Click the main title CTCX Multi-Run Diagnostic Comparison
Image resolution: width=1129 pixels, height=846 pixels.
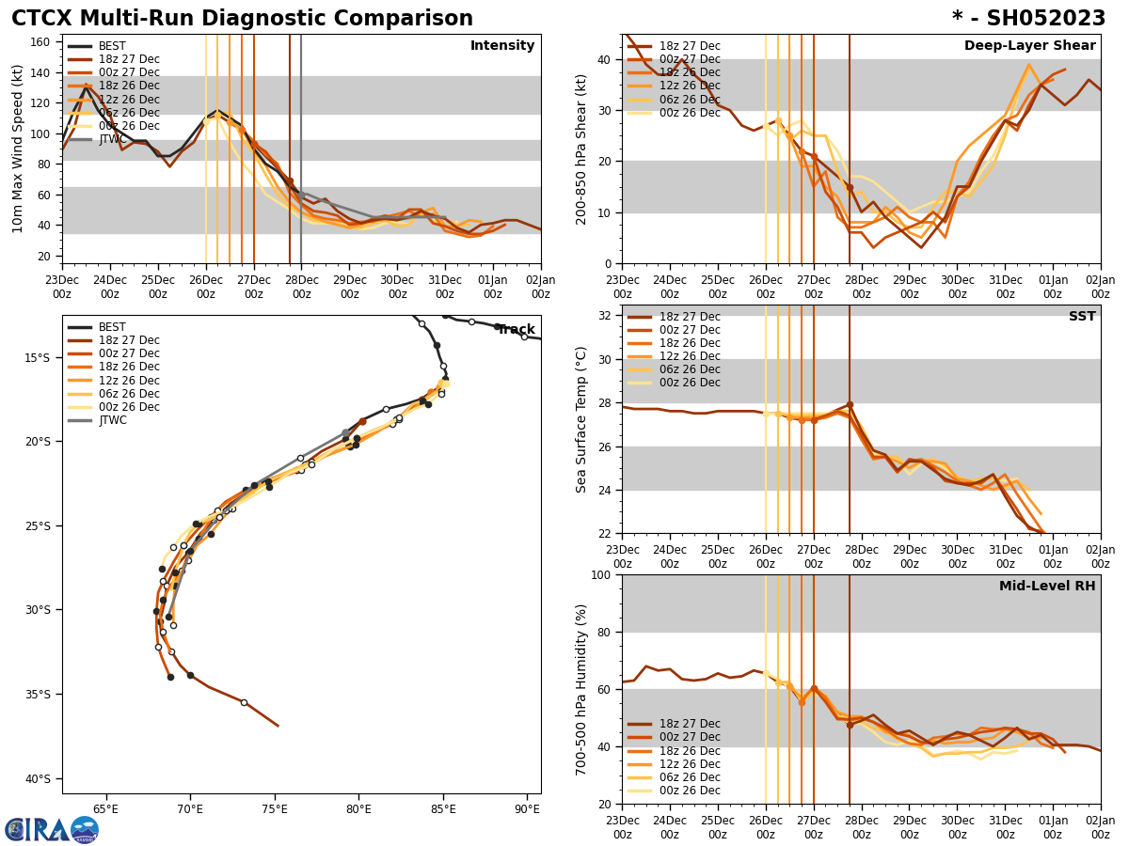click(242, 19)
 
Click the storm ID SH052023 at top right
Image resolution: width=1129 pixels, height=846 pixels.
click(1028, 19)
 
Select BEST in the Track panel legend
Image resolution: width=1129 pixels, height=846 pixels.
click(112, 327)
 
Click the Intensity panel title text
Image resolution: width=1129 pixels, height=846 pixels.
click(502, 46)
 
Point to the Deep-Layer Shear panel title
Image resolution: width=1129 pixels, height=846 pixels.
click(1029, 46)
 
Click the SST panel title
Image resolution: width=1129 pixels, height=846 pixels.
click(1082, 317)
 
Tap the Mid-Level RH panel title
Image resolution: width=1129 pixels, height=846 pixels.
click(1047, 587)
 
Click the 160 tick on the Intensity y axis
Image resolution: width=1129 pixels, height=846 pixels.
click(43, 42)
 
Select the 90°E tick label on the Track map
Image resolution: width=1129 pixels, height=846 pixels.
click(527, 808)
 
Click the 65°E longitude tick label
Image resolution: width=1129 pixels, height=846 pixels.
click(105, 808)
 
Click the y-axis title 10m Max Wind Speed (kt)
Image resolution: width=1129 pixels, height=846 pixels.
click(18, 149)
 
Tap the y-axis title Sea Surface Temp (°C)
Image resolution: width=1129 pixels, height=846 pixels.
click(581, 419)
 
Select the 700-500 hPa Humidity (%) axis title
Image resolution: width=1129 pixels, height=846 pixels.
click(581, 689)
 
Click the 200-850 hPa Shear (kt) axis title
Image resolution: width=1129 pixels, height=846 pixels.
click(581, 149)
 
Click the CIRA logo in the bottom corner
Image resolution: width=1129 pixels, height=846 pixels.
click(51, 829)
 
